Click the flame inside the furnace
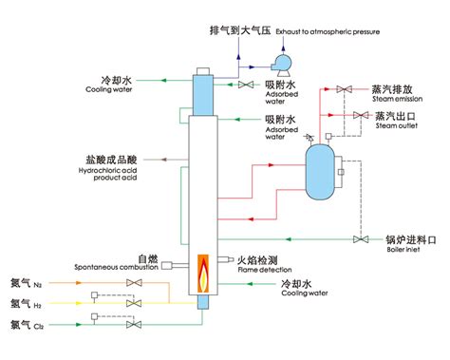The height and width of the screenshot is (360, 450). click(x=201, y=274)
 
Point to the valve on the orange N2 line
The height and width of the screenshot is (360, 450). click(x=132, y=283)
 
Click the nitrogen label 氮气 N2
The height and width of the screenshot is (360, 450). click(x=26, y=283)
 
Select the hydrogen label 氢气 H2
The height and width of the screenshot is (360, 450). click(x=26, y=304)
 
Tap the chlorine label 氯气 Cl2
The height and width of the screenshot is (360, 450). click(x=26, y=325)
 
